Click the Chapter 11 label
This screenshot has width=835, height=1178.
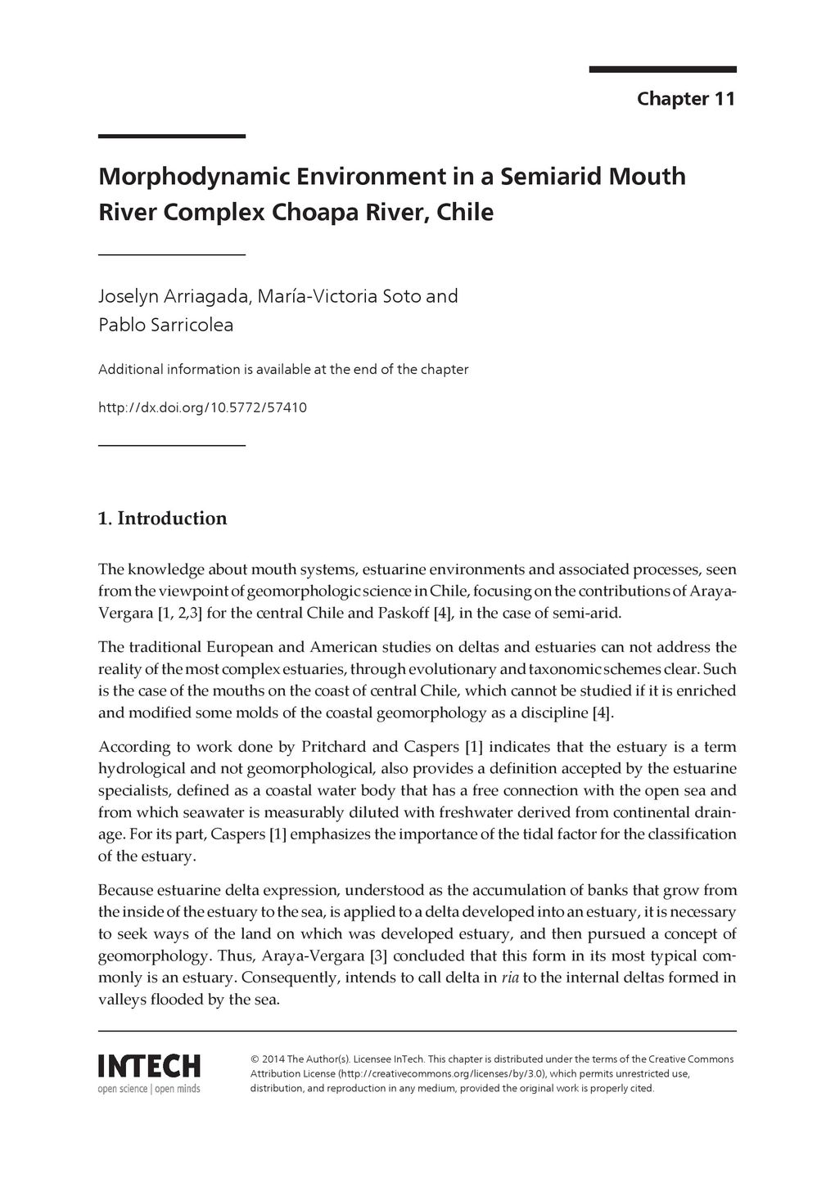(x=686, y=99)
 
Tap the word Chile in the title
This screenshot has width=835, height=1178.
(x=465, y=213)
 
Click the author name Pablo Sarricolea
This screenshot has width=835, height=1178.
(x=165, y=326)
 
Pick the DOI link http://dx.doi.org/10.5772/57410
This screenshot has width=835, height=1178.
(x=202, y=407)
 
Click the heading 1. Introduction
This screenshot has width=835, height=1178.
(x=162, y=519)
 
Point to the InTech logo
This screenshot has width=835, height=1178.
(x=149, y=1067)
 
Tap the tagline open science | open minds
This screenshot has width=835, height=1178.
(x=149, y=1089)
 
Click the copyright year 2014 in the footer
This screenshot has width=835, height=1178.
(x=274, y=1059)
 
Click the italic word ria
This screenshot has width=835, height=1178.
(x=508, y=978)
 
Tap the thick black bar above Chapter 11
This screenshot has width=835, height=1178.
(x=662, y=70)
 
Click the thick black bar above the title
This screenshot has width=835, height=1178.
(x=172, y=137)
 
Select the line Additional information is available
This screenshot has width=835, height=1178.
(x=283, y=370)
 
